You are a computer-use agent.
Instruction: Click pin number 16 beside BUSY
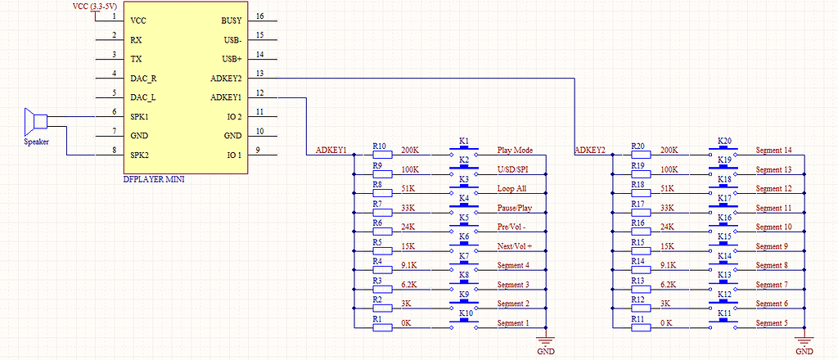tap(259, 16)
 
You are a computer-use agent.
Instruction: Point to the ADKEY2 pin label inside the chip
tap(226, 79)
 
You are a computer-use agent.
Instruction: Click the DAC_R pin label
tap(143, 79)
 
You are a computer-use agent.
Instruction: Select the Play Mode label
tap(515, 151)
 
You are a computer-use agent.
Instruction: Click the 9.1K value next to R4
tap(411, 265)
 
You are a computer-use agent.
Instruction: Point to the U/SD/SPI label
tap(513, 169)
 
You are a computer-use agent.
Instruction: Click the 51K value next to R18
tap(668, 189)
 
